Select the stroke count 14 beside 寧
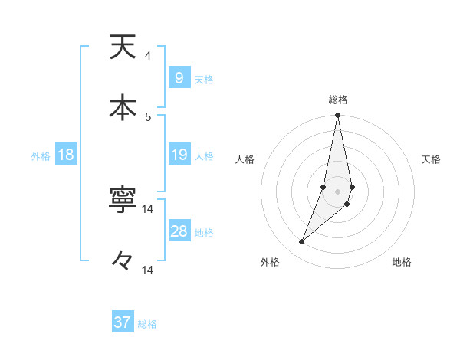tap(148, 209)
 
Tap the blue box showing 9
tap(179, 78)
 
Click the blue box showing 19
tap(179, 155)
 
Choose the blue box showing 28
tap(179, 231)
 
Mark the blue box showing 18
tap(65, 155)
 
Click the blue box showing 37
tap(123, 322)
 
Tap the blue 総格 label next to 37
tap(147, 324)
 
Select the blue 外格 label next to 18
tap(41, 156)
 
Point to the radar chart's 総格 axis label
tap(338, 100)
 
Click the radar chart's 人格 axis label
tap(245, 159)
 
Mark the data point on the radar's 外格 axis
tap(301, 242)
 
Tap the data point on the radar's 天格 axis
tap(352, 187)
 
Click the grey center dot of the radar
tap(338, 191)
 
